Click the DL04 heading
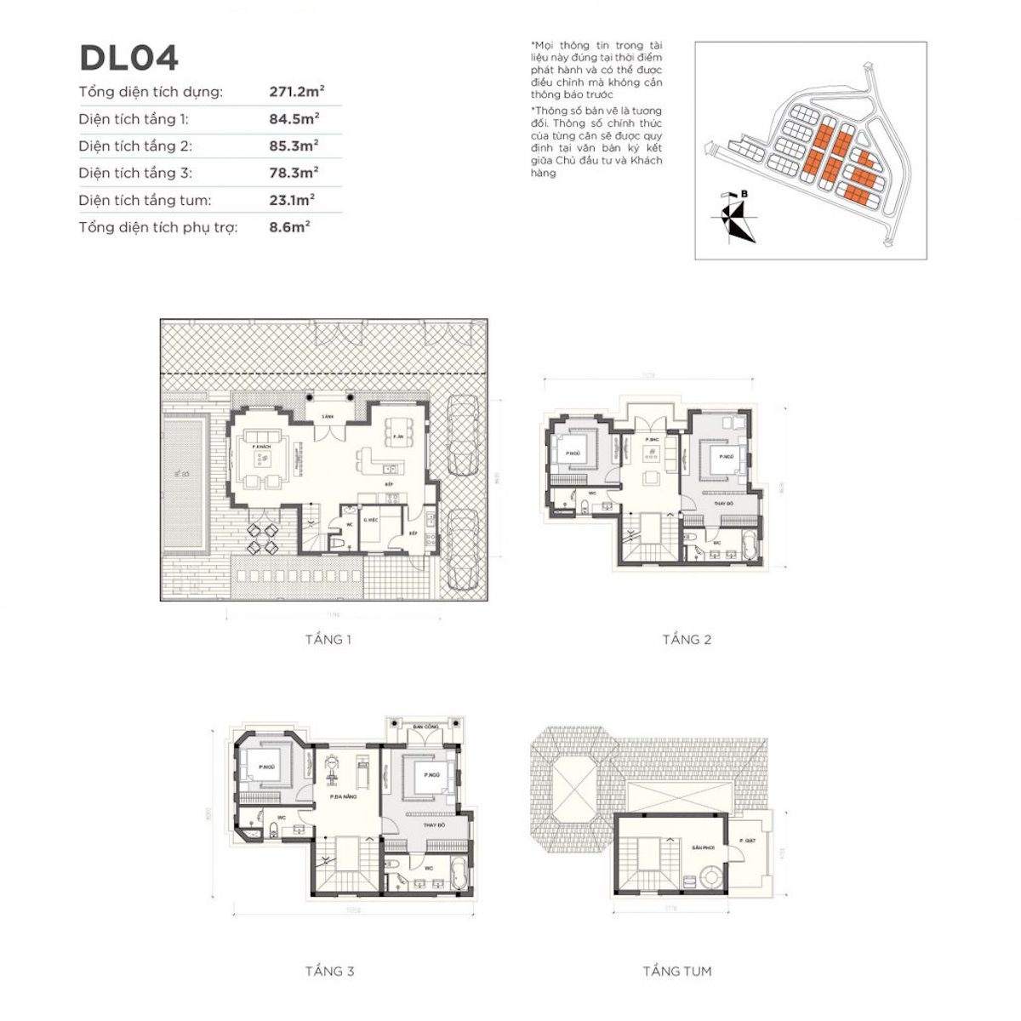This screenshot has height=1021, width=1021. click(128, 58)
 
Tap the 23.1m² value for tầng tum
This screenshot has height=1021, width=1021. click(292, 201)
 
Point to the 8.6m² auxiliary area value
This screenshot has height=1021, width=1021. click(289, 227)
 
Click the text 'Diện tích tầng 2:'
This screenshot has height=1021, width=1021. click(135, 146)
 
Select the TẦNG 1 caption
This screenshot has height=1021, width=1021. click(328, 639)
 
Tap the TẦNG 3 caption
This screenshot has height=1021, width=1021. click(329, 971)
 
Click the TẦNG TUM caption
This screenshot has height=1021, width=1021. click(677, 971)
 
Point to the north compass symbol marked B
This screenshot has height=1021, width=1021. click(733, 218)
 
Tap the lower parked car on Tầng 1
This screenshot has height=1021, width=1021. click(462, 549)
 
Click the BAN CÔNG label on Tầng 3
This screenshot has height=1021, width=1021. click(425, 727)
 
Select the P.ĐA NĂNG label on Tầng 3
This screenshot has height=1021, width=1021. click(343, 797)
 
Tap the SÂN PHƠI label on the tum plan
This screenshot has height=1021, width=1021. click(701, 848)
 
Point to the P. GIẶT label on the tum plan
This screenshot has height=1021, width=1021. click(747, 841)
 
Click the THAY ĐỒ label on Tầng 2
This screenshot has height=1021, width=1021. click(725, 502)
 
